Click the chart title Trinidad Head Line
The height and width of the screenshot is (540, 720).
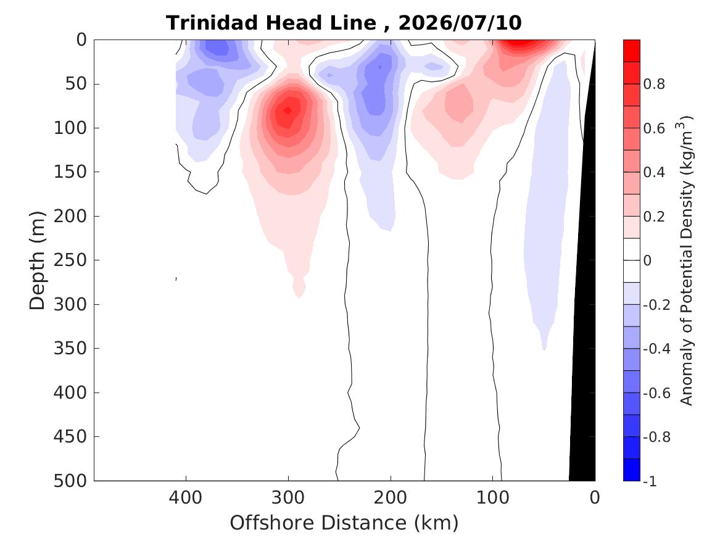[271, 22]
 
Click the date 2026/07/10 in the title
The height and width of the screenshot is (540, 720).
[460, 22]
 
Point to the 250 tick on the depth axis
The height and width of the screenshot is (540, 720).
[70, 260]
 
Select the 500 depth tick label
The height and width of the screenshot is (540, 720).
[70, 481]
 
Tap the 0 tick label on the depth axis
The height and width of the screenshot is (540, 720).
[81, 40]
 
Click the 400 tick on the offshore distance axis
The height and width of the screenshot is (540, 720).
[186, 497]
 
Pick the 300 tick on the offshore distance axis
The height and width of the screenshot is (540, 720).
[288, 497]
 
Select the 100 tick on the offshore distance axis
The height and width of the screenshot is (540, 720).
[493, 497]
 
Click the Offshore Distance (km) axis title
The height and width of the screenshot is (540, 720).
[344, 523]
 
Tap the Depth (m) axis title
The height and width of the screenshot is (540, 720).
[37, 260]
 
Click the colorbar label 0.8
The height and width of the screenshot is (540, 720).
[654, 84]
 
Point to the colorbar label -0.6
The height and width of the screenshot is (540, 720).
[656, 393]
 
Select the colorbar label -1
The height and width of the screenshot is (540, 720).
[650, 481]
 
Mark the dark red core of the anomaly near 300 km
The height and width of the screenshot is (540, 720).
[288, 110]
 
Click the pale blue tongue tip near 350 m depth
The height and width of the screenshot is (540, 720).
[544, 347]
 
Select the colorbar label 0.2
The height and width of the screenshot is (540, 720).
[654, 216]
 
